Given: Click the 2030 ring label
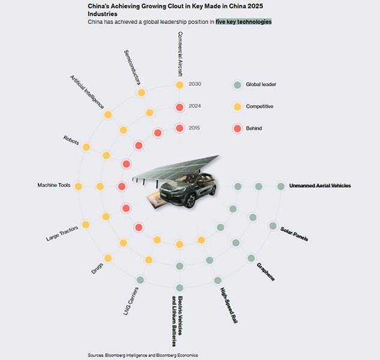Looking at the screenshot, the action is pos(195,84).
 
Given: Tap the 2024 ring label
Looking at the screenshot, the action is pos(195,106).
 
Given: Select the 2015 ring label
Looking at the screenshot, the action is pos(195,128).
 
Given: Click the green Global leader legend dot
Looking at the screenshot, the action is pos(237,85).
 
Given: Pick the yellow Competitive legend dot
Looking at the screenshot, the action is pos(237,107).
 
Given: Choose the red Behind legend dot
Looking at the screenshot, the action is pos(237,128).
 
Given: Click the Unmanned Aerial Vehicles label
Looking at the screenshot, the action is pos(320,186).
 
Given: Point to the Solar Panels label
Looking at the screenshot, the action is pos(294,234).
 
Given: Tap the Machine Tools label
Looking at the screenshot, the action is pos(54,185).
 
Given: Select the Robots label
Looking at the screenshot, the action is pos(71,140).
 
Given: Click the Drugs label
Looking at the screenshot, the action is pos(97,268).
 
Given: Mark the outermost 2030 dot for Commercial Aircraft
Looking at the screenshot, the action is pos(179,85).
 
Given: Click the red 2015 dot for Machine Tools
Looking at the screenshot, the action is pos(122,187).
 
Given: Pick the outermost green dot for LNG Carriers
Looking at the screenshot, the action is pos(140,280).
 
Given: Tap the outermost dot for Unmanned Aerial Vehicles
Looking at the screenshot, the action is pos(280,187).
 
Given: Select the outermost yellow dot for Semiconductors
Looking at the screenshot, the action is pos(141,92).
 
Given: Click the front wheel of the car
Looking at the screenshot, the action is pos(191,200).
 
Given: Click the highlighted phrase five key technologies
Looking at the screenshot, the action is pos(244,22).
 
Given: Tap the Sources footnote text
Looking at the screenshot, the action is pos(143,355).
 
